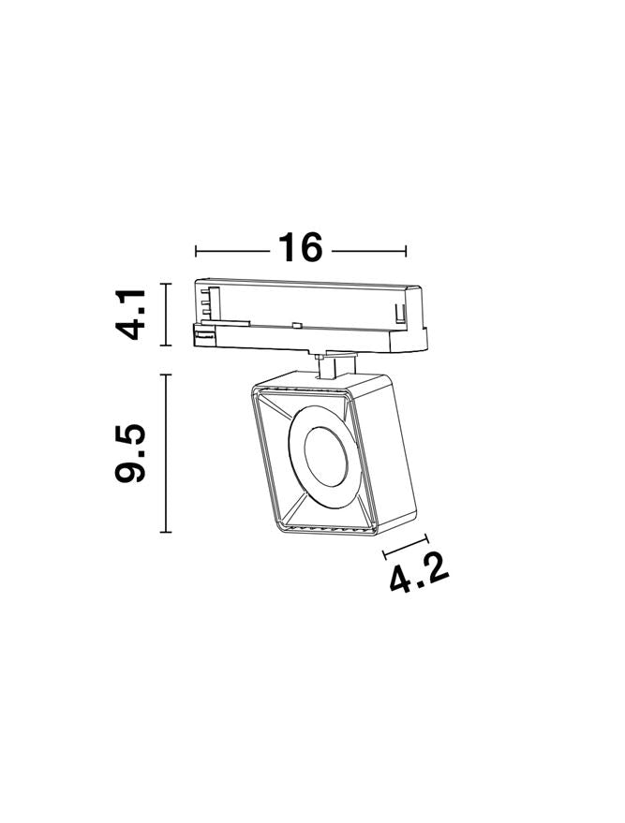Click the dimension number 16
(300, 247)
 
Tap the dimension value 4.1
(129, 315)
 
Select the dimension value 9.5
(129, 452)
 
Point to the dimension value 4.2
(419, 573)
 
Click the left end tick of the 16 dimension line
(196, 251)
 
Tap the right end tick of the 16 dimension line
(406, 251)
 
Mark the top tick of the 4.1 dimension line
(166, 284)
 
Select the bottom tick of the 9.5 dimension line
(166, 532)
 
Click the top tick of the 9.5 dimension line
(166, 375)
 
